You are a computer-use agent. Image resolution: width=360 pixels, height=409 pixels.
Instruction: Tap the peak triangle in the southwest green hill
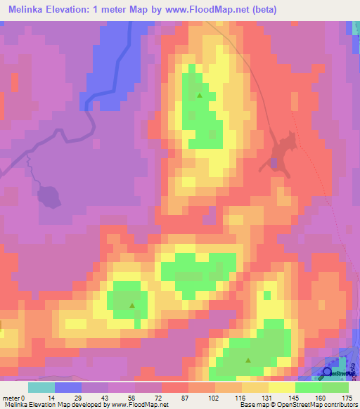click(132, 305)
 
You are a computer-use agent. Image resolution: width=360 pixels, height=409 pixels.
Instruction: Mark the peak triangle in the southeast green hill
click(247, 361)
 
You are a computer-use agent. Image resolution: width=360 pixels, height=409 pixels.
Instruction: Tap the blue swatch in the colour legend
click(67, 387)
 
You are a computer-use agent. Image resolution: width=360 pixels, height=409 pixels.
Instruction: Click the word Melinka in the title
click(28, 10)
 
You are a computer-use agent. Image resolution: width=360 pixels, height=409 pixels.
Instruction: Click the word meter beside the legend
click(11, 397)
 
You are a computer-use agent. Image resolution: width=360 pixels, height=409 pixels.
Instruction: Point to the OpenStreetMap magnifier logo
click(327, 372)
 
